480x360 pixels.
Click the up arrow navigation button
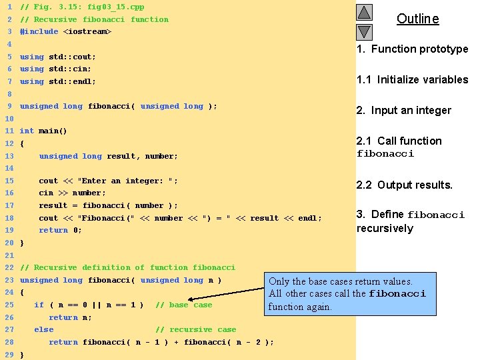coord(363,13)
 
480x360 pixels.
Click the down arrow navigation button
coord(363,31)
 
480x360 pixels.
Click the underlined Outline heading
coord(417,19)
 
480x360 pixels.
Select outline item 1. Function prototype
coord(412,49)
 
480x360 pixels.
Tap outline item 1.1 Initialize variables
coord(412,79)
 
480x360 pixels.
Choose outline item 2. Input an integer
coord(404,110)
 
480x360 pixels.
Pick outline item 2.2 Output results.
coord(404,185)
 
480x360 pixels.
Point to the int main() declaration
coord(43,131)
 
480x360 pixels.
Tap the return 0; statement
coord(60,231)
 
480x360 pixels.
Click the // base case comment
coord(183,305)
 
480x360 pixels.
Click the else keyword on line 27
coord(43,330)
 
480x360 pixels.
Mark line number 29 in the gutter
coord(9,355)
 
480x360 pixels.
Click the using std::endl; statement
coord(57,81)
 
